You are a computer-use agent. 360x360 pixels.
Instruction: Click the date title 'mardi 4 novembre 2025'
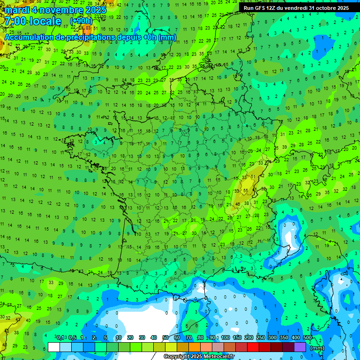coord(55,10)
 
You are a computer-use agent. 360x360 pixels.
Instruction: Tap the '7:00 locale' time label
coord(32,21)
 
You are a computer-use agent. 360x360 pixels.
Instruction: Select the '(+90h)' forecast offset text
coord(81,21)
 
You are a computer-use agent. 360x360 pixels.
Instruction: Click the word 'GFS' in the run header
coord(259,8)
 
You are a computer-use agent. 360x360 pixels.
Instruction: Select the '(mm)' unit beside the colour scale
coord(317,348)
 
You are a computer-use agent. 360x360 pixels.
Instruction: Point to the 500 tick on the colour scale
coord(307,338)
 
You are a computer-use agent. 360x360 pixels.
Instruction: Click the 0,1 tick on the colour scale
coord(60,338)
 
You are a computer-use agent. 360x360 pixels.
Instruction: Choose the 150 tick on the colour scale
coord(237,338)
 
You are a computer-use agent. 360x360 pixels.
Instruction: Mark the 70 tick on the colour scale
coord(189,338)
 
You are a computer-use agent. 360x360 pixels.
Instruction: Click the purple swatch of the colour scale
coord(300,347)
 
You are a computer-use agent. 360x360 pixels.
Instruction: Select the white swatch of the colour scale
coord(54,347)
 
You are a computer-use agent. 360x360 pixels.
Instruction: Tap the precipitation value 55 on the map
coord(247,190)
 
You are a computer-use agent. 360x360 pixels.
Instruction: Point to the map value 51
coord(253,176)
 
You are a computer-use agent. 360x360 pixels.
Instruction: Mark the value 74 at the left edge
coord(2,44)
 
